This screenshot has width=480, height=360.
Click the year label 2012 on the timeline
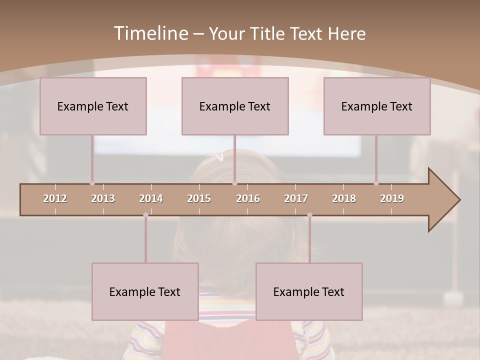click(55, 198)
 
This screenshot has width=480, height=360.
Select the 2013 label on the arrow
click(103, 198)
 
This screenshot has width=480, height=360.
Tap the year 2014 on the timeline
click(151, 198)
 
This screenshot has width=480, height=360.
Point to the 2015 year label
click(199, 198)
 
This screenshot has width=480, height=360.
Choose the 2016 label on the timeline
click(248, 198)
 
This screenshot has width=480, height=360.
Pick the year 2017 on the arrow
click(296, 198)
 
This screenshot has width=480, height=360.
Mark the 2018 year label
click(344, 198)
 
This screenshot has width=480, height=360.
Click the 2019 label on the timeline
click(392, 198)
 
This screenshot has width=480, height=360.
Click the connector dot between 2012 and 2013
click(92, 183)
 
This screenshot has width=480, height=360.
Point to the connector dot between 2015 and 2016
click(234, 183)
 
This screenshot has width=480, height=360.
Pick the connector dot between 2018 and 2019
click(376, 183)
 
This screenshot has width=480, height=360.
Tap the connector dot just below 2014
click(145, 215)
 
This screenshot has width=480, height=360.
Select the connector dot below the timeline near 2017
click(309, 215)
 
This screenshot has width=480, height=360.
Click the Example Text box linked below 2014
click(145, 291)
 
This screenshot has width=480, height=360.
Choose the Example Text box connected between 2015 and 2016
click(235, 106)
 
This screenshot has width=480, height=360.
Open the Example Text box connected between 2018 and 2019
click(377, 106)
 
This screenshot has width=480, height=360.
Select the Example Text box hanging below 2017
click(309, 291)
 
